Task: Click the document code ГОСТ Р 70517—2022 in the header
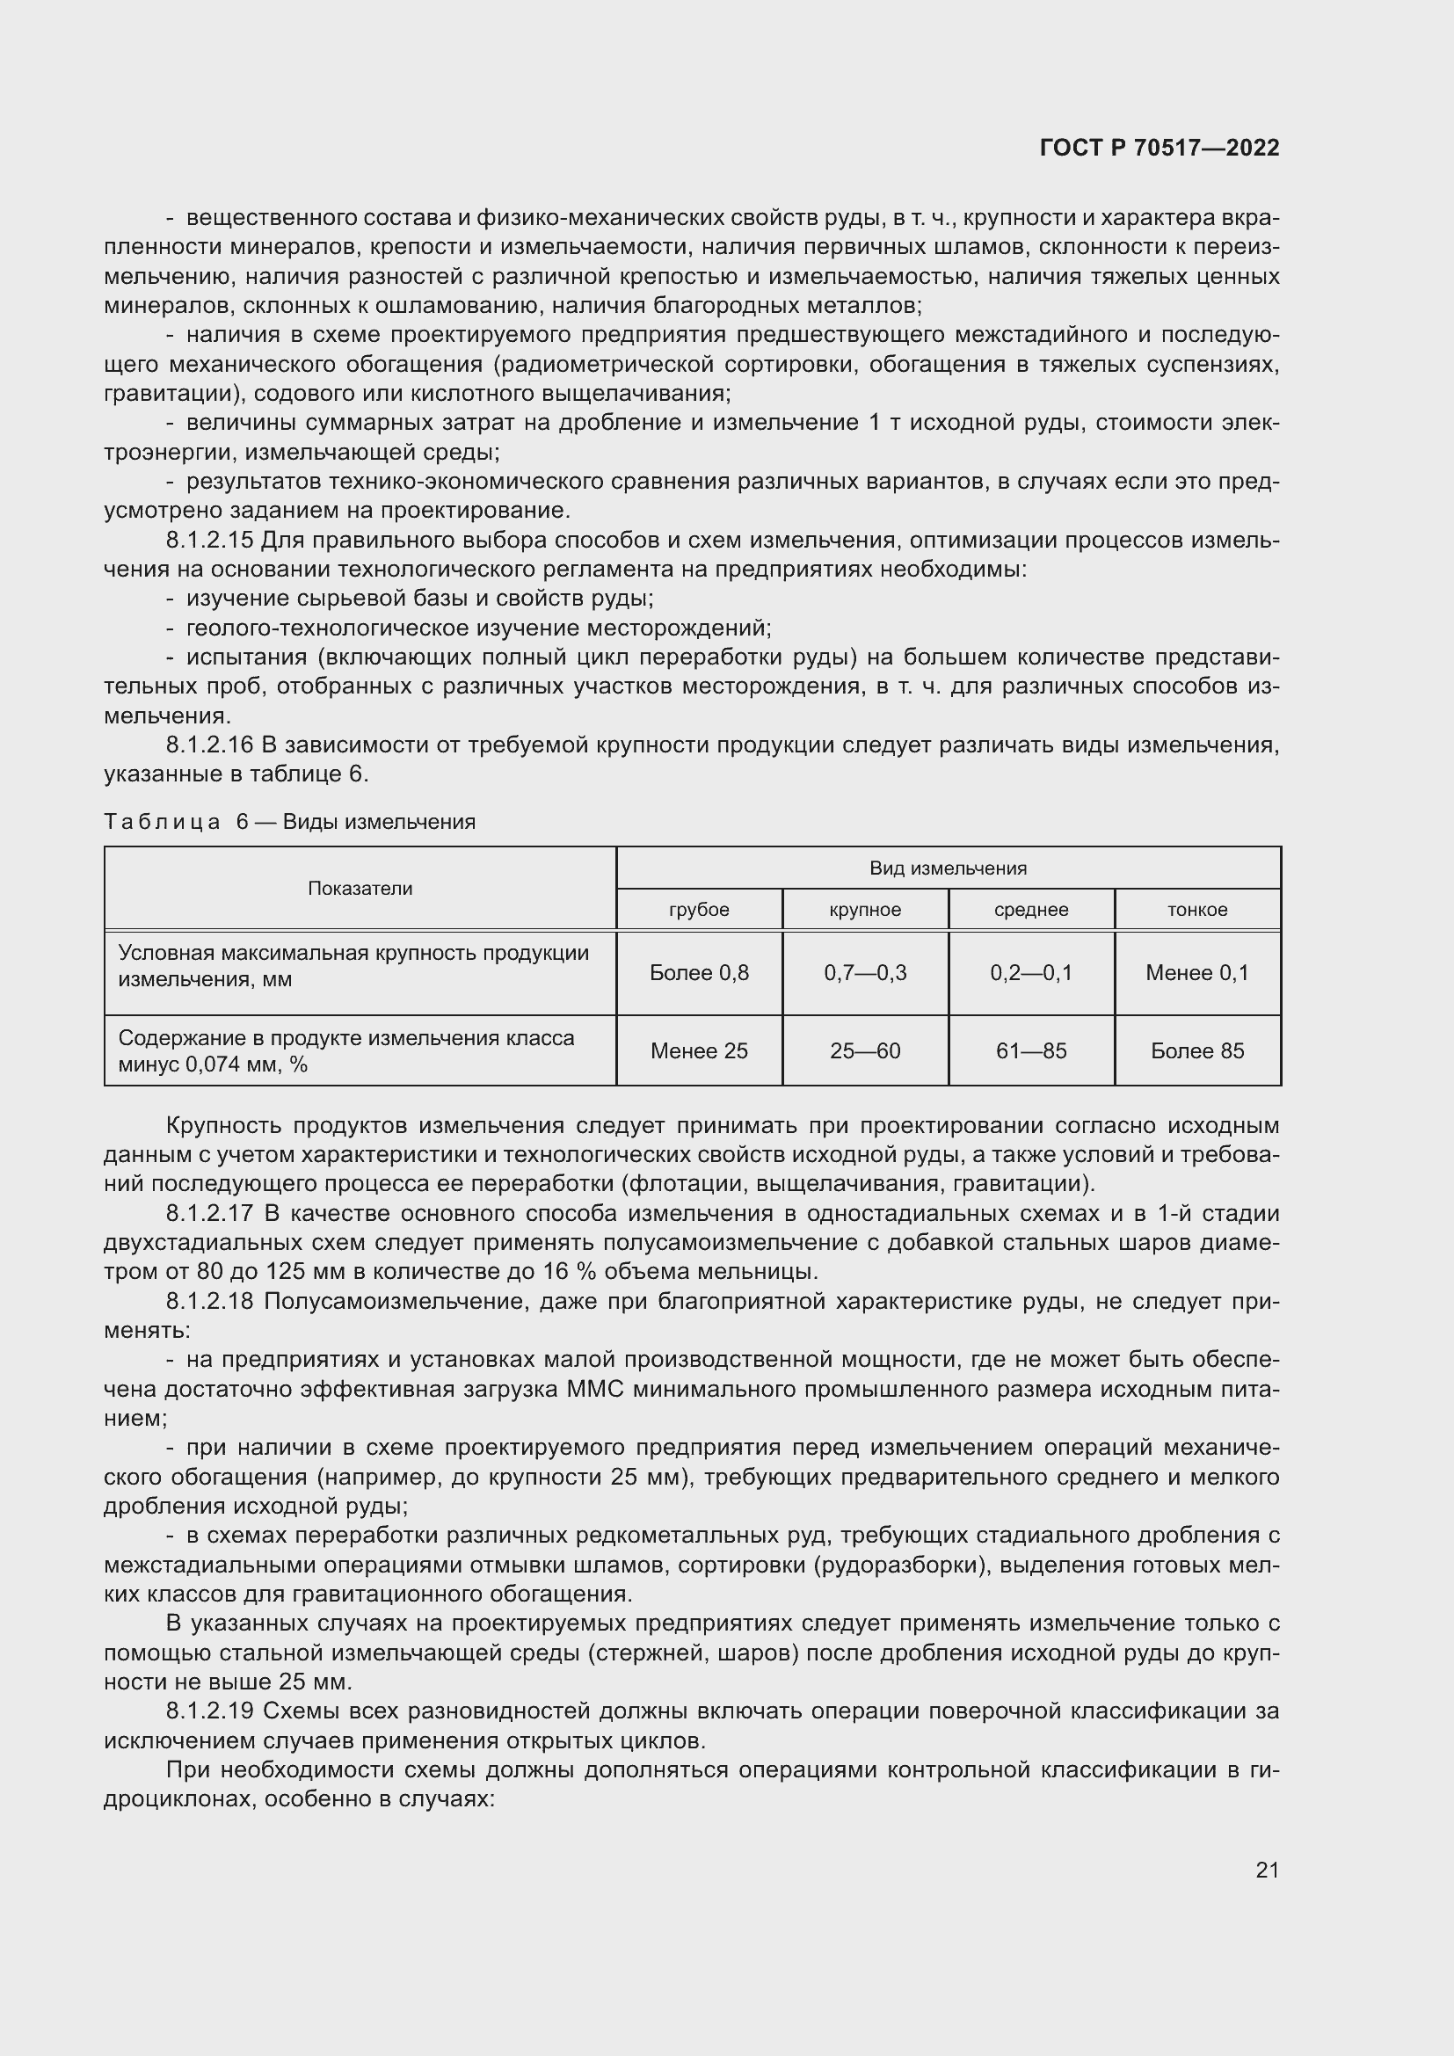(1159, 149)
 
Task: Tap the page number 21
(1267, 1870)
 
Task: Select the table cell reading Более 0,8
(698, 972)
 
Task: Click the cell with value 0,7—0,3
(865, 972)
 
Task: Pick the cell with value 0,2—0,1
(1030, 972)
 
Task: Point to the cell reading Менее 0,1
(1197, 972)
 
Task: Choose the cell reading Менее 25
(698, 1050)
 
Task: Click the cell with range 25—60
(865, 1050)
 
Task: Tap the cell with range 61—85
(1030, 1050)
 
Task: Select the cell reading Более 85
(1197, 1050)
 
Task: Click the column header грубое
(698, 910)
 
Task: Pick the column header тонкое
(1197, 910)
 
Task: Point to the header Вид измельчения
(948, 868)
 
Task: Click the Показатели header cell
(360, 889)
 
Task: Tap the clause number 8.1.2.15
(210, 541)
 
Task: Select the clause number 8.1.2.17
(210, 1213)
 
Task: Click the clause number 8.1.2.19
(210, 1711)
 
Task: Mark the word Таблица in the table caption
(162, 822)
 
